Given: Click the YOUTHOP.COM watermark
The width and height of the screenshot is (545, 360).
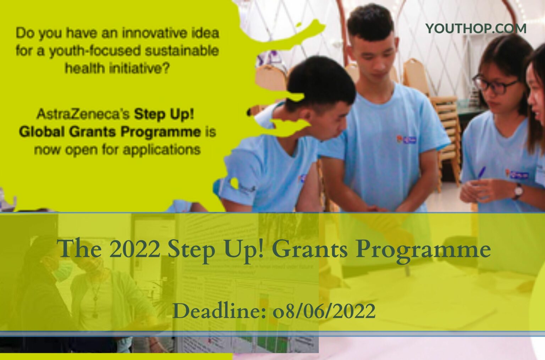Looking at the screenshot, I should [x=475, y=28].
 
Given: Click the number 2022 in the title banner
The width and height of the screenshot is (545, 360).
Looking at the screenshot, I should [x=135, y=250].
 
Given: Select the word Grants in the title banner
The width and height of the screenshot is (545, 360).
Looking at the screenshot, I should [x=310, y=250].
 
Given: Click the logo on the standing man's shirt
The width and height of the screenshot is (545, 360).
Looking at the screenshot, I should [x=407, y=140].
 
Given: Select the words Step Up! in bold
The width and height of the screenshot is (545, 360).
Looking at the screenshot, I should [x=164, y=115].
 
